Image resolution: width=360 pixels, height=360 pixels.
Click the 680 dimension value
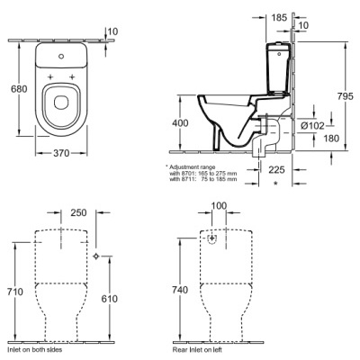[19, 89]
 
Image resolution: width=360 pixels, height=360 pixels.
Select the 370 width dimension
[61, 153]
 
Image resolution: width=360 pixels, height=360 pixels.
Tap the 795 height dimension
[346, 96]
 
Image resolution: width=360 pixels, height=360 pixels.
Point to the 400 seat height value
[180, 123]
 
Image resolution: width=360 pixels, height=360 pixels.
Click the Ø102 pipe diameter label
[312, 126]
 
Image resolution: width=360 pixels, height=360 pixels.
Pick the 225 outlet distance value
[276, 170]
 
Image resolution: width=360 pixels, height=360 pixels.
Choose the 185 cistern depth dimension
[279, 18]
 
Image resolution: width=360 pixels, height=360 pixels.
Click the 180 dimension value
[331, 139]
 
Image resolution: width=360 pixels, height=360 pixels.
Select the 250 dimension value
[78, 212]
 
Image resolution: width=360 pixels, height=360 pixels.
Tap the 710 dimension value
[15, 292]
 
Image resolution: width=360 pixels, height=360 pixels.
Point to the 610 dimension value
[109, 299]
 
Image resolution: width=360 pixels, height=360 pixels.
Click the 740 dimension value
[180, 290]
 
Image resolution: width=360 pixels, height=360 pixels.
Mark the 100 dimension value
[219, 206]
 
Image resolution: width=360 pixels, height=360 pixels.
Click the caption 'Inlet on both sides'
[34, 349]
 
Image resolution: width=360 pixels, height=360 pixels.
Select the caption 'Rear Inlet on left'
[197, 349]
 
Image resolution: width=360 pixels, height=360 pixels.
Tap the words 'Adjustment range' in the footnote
[193, 166]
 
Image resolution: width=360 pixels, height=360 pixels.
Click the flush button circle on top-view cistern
[61, 56]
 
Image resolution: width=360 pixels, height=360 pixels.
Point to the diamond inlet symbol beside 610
[96, 256]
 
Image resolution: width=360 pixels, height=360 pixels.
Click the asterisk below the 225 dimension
[275, 183]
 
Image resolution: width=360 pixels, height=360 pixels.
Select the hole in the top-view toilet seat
[61, 103]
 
